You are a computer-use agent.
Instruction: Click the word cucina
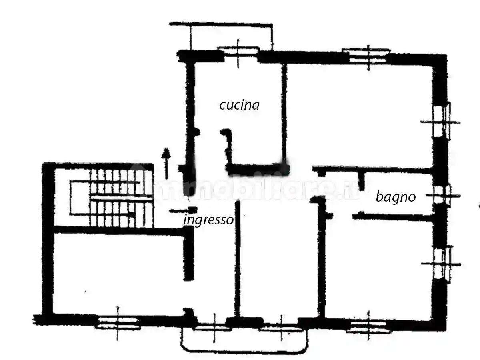tap(239, 105)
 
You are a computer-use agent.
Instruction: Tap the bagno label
tap(396, 197)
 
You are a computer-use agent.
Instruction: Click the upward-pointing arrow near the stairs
tap(166, 163)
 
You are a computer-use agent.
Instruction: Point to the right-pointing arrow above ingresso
tap(183, 210)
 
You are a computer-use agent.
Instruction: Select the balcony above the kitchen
tap(221, 36)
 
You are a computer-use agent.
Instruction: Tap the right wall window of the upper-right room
tap(442, 122)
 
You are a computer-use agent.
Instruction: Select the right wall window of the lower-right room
tap(442, 264)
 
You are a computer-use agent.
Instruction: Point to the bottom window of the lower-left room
tap(118, 324)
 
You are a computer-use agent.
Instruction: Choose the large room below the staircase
tap(118, 273)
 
